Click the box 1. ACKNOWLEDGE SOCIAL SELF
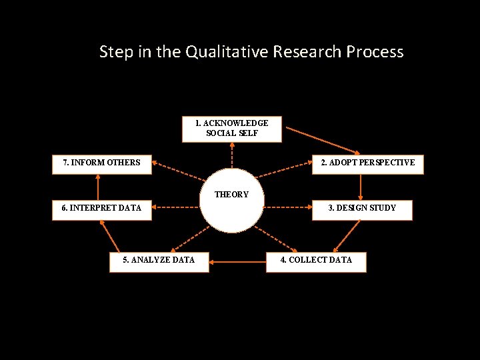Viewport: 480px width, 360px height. [232, 129]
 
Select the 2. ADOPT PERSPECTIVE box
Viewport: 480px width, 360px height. [368, 163]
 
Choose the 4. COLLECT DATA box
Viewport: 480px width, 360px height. [316, 260]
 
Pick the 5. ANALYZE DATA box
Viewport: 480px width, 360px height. [159, 260]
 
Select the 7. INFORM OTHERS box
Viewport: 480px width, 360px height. [102, 163]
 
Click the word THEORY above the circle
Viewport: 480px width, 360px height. [232, 195]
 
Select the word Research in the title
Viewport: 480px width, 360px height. [313, 51]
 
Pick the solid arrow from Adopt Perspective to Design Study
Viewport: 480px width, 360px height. [360, 187]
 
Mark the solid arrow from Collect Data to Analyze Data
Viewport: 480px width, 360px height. [237, 261]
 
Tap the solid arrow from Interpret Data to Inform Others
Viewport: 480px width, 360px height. [98, 187]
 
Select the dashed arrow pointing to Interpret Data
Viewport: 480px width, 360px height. [177, 207]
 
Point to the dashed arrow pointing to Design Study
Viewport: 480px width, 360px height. [288, 207]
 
